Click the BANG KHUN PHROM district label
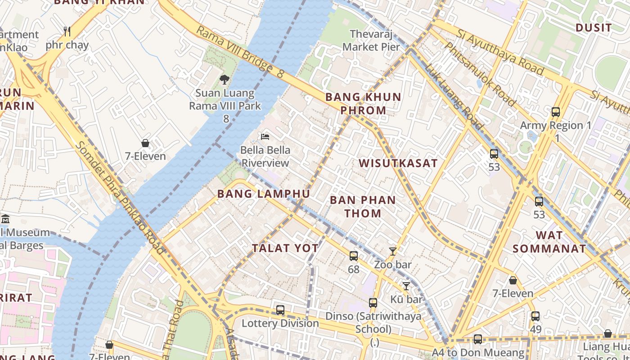pyautogui.click(x=363, y=103)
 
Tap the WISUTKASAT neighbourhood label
pyautogui.click(x=398, y=163)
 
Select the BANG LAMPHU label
pyautogui.click(x=264, y=194)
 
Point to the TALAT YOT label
pyautogui.click(x=285, y=248)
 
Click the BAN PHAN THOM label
pyautogui.click(x=363, y=207)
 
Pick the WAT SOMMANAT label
pyautogui.click(x=549, y=242)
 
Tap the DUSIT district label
pyautogui.click(x=594, y=28)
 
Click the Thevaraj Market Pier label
pyautogui.click(x=371, y=40)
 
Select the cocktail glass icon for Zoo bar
pyautogui.click(x=393, y=252)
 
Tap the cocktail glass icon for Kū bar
pyautogui.click(x=406, y=286)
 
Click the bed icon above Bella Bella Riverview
pyautogui.click(x=265, y=136)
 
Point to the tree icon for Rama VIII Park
pyautogui.click(x=224, y=80)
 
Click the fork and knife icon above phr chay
pyautogui.click(x=67, y=31)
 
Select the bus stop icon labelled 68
pyautogui.click(x=354, y=256)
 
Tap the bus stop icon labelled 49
pyautogui.click(x=535, y=316)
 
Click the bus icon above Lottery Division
pyautogui.click(x=280, y=310)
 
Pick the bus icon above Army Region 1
pyautogui.click(x=556, y=112)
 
